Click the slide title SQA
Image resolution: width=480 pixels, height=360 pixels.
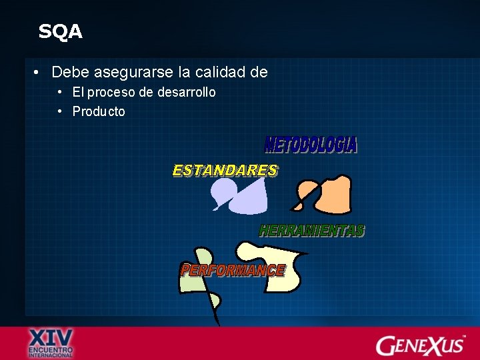pyautogui.click(x=60, y=32)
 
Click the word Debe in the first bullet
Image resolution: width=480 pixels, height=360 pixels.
pyautogui.click(x=70, y=71)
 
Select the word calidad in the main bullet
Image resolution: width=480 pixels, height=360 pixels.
pyautogui.click(x=222, y=71)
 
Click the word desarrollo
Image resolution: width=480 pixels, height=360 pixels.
pyautogui.click(x=187, y=92)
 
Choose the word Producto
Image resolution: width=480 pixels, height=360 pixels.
pyautogui.click(x=99, y=111)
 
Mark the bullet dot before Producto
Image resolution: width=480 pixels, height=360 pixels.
pyautogui.click(x=60, y=111)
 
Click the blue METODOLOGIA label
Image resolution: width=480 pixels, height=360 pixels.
pyautogui.click(x=311, y=145)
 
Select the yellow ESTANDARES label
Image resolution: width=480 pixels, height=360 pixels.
pyautogui.click(x=225, y=171)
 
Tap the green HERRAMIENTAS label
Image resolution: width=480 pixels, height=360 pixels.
pyautogui.click(x=311, y=231)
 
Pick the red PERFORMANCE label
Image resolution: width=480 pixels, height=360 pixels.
pyautogui.click(x=233, y=270)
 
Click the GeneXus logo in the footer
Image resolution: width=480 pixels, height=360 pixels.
pyautogui.click(x=420, y=344)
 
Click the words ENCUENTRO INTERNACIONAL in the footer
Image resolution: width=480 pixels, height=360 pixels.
pyautogui.click(x=51, y=352)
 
